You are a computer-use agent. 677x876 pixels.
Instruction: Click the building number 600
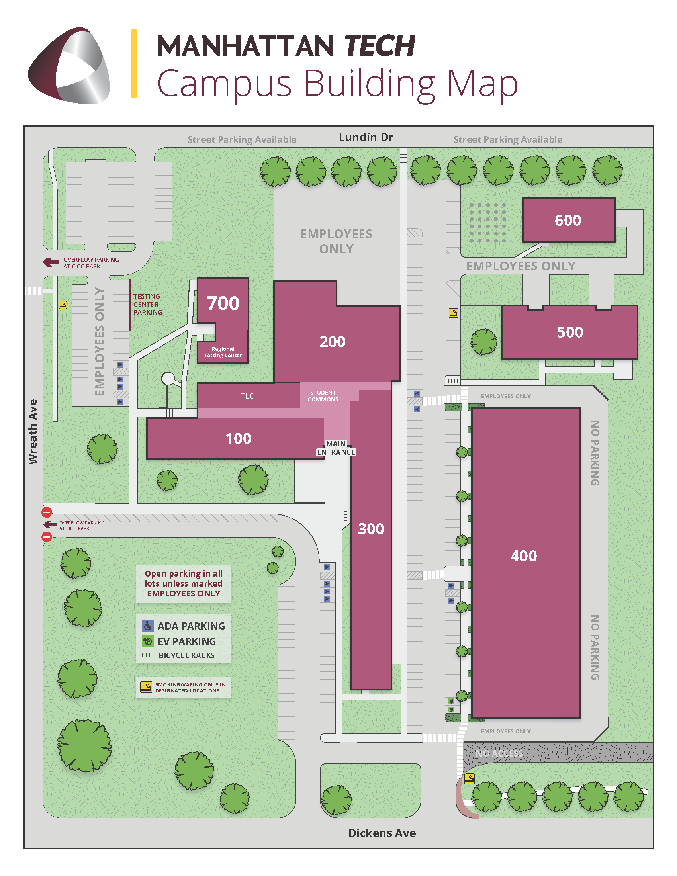coord(567,220)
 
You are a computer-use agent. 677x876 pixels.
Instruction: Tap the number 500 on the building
coord(569,332)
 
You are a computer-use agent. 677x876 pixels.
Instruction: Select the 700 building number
coord(223,303)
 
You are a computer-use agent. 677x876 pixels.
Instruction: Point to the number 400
coord(523,556)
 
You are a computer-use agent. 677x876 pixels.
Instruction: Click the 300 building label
coord(371,529)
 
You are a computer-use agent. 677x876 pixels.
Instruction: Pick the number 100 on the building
coord(238,438)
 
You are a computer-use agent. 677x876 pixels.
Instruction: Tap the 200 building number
coord(332,342)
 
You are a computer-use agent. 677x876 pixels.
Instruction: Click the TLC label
coord(247,396)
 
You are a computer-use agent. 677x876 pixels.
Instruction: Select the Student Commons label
coord(323,396)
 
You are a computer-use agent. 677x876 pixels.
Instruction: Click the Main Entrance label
coord(336,448)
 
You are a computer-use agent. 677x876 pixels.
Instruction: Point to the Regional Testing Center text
coord(223,352)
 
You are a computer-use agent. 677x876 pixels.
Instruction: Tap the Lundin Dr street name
coord(366,137)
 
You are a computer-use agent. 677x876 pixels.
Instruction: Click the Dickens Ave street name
coord(382,833)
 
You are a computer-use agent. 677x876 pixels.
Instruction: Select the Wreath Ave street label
coord(33,432)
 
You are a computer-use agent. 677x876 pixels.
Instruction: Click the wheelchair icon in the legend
coord(148,626)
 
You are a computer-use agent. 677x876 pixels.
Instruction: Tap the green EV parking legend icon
coord(148,641)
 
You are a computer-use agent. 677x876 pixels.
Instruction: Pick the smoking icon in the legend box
coord(146,687)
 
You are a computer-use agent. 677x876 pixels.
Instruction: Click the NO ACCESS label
coord(499,753)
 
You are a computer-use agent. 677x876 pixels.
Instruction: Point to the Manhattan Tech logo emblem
coord(68,65)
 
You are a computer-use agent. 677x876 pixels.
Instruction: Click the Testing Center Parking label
coord(148,304)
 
